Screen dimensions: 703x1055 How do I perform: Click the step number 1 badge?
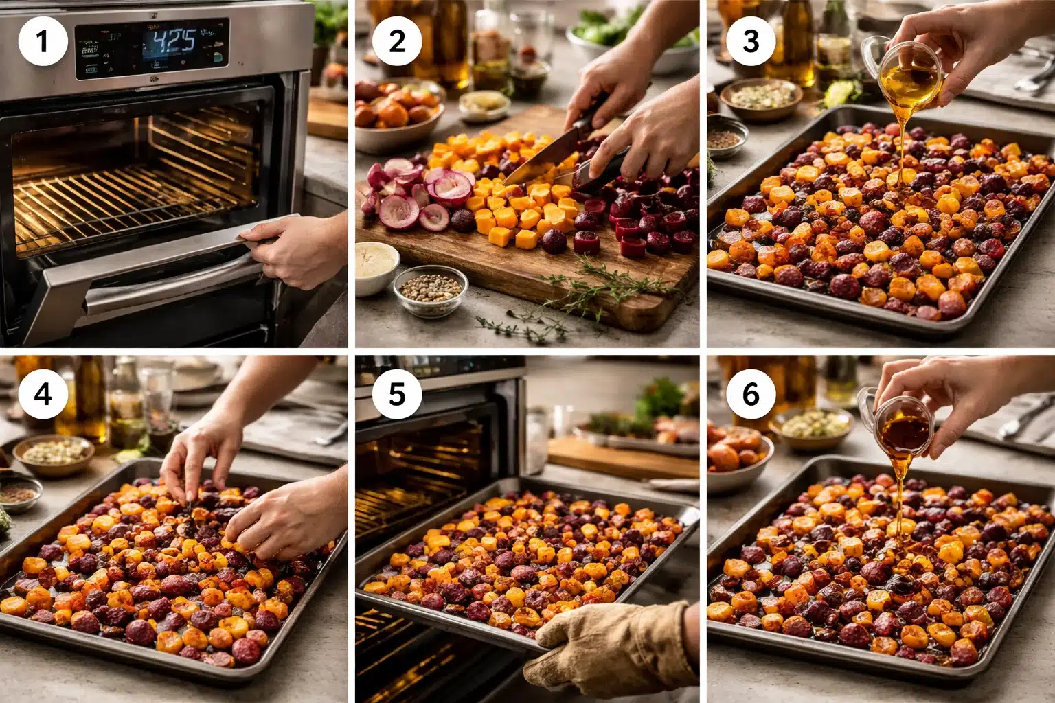point(43,42)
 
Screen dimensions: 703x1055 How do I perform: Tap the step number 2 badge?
point(397,42)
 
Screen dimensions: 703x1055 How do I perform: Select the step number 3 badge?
point(751,42)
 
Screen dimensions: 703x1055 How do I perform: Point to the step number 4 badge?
point(43,395)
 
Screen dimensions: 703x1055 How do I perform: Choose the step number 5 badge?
point(397,395)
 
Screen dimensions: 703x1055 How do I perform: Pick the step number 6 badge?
point(751,395)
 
